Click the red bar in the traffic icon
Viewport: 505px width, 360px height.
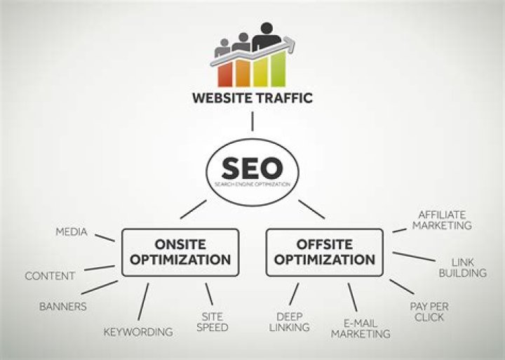(225, 74)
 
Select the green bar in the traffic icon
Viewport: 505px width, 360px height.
(278, 69)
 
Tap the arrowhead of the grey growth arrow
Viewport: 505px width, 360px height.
(290, 44)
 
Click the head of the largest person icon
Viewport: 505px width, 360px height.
(267, 28)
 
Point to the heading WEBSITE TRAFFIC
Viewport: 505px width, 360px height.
(252, 98)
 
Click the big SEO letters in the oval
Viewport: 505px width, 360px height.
(252, 168)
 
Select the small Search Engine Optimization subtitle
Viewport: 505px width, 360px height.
(252, 185)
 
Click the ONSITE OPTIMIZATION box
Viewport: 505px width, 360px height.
(180, 253)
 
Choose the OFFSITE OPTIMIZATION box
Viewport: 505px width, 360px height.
(325, 253)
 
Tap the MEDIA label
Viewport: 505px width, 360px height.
(72, 232)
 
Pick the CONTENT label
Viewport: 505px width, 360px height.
(50, 276)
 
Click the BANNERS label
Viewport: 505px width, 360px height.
(63, 307)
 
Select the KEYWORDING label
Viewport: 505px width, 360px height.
(138, 332)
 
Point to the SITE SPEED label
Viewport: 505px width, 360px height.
(213, 322)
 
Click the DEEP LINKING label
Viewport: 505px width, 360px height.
(289, 322)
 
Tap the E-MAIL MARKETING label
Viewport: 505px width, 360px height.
(361, 328)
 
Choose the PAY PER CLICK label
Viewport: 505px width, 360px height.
(429, 312)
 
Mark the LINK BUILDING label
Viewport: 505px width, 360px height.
(463, 268)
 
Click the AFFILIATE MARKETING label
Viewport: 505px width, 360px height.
(442, 220)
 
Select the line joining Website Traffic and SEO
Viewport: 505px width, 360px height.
(252, 121)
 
